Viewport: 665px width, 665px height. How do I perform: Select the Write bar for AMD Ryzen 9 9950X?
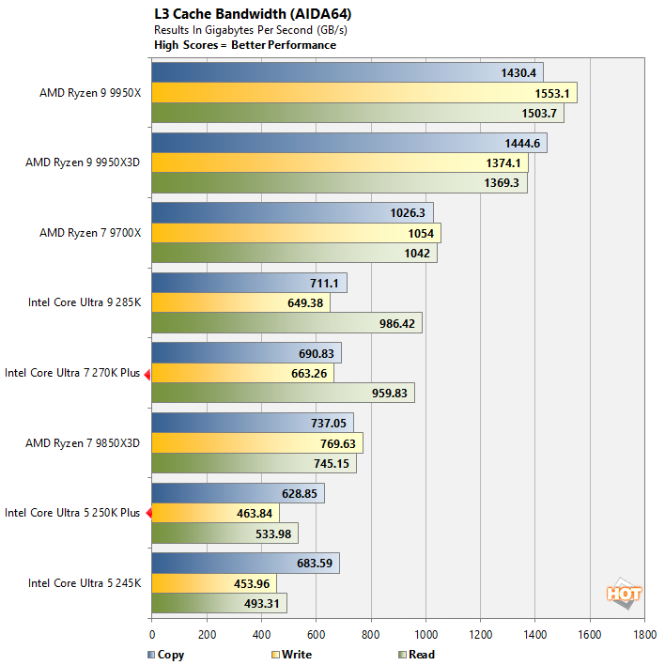click(363, 93)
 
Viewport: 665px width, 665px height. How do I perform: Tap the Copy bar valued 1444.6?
click(348, 143)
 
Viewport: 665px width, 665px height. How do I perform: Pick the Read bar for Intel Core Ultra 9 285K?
click(286, 323)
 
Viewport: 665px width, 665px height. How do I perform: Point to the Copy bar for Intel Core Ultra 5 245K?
click(245, 563)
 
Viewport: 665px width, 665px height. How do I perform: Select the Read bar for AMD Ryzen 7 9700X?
click(294, 254)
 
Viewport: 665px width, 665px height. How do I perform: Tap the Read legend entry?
click(416, 655)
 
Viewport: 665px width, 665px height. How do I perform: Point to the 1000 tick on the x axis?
click(425, 635)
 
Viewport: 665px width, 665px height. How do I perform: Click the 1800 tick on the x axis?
click(644, 635)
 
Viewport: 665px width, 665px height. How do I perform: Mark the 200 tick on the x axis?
click(206, 635)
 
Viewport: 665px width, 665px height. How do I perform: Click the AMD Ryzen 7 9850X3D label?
click(83, 442)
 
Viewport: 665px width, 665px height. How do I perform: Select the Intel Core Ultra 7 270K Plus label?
click(72, 373)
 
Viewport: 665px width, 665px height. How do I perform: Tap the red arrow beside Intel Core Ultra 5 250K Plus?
click(147, 513)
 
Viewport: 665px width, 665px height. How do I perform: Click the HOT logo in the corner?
click(624, 593)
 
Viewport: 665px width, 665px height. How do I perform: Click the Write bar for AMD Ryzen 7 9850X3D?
click(256, 443)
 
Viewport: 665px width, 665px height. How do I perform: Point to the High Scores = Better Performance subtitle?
click(245, 44)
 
